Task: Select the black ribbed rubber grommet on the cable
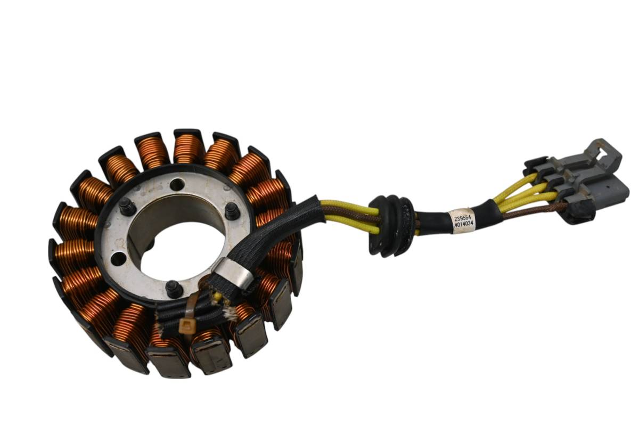click(391, 226)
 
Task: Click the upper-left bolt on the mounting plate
click(127, 207)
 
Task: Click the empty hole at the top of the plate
click(177, 185)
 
